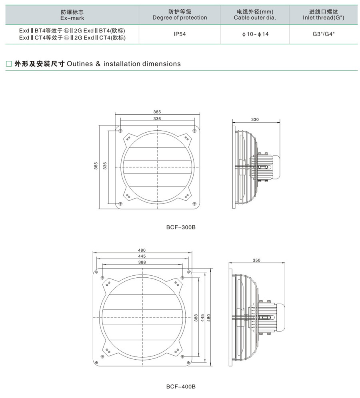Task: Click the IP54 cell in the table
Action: [180, 34]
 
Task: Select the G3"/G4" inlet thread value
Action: [324, 34]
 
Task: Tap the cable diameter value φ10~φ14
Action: [255, 34]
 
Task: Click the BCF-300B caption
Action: [181, 227]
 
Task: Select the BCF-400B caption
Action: [181, 386]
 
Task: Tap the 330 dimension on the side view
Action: [255, 119]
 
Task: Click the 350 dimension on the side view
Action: [256, 260]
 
